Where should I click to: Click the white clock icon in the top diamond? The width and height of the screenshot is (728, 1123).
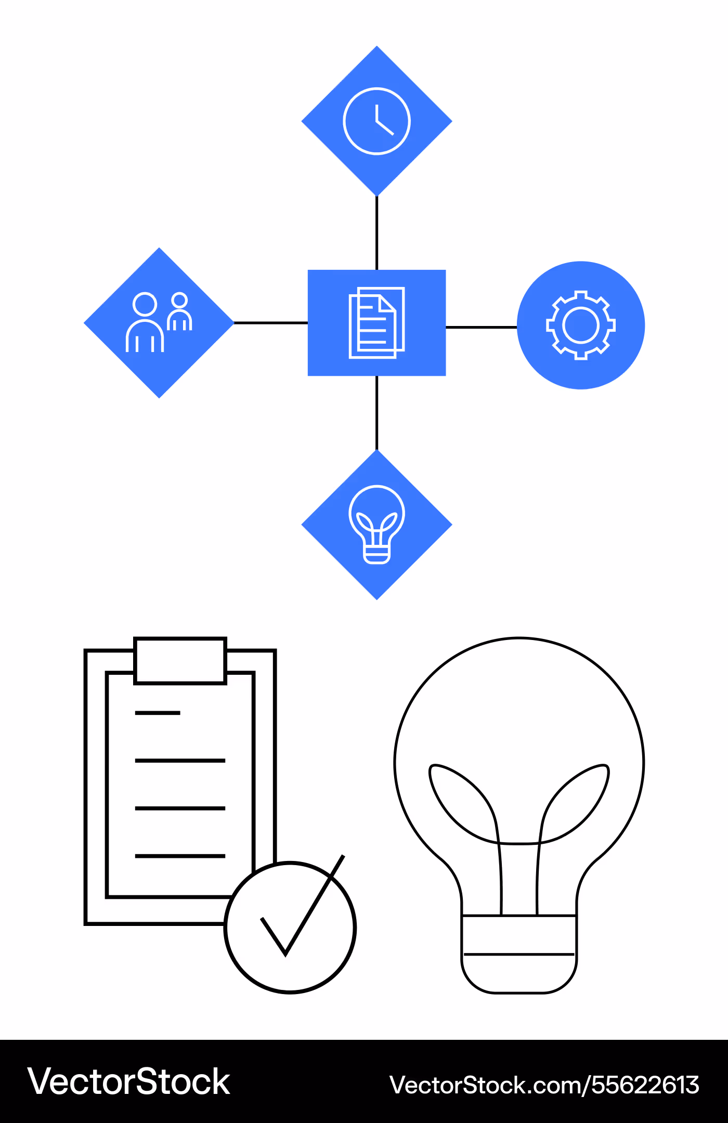coord(377,89)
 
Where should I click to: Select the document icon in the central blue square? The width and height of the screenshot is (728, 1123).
coord(376,323)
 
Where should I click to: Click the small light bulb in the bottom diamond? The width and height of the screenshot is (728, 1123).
coord(377,489)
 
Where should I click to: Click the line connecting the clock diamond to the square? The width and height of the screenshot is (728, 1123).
coord(377,233)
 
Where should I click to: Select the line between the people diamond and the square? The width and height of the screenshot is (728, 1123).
coord(271,323)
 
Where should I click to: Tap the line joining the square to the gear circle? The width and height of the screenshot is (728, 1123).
coord(482,327)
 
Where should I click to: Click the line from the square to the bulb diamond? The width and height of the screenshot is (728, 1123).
coord(377,413)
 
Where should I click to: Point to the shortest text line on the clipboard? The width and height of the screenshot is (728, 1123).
coord(158,713)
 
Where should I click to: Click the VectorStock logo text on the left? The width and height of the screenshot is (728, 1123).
coord(128,1082)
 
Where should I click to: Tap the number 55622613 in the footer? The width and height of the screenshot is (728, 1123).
coord(645,1085)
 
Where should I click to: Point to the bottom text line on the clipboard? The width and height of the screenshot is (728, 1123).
coord(180,856)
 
